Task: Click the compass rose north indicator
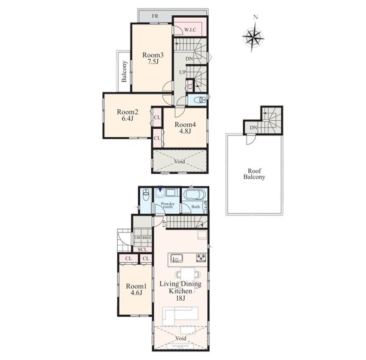pos(256,17)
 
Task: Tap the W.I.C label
pos(190,30)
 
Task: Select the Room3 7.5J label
pos(153,59)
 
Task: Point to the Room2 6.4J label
pos(127,115)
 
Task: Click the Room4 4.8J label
pos(185,128)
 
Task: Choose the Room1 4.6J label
pos(136,289)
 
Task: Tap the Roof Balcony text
pos(254,174)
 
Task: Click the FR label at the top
pos(155,16)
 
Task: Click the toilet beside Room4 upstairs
pos(199,100)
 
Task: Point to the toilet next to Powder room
pos(146,195)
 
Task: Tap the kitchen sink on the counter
pos(176,258)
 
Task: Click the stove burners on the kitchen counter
pos(201,257)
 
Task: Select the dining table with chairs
pos(188,275)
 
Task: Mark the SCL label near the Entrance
pos(142,250)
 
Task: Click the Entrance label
pos(142,237)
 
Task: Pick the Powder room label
pos(168,205)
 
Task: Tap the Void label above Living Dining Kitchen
pos(180,161)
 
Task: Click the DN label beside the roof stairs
pos(253,128)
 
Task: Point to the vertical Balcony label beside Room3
pos(124,71)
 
